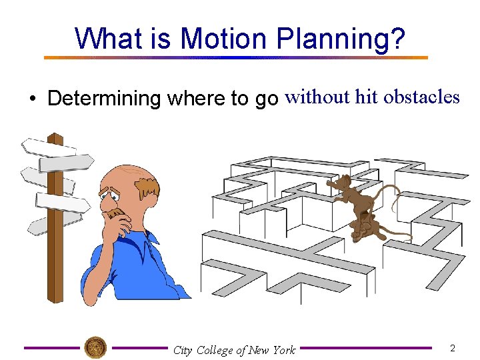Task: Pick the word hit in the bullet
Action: coord(366,97)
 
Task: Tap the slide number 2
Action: coord(453,348)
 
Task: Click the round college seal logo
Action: coord(95,347)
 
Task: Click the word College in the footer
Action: coord(215,350)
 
